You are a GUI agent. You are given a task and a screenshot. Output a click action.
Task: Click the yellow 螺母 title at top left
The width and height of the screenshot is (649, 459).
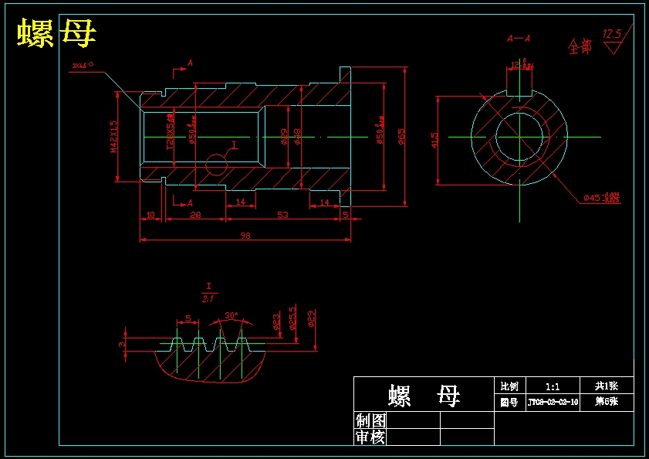click(57, 34)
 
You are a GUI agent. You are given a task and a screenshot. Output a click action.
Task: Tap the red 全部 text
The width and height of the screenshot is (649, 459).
click(580, 47)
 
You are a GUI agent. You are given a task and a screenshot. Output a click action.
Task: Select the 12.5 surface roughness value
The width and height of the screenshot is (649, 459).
click(611, 35)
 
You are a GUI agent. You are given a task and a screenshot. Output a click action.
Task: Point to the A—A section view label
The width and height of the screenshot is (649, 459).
click(518, 38)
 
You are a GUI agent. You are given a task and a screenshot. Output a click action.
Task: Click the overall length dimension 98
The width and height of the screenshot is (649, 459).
click(245, 235)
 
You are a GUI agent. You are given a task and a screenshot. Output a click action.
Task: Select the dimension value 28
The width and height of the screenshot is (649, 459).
click(195, 215)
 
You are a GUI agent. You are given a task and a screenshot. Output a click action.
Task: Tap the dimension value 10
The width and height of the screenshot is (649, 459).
click(150, 215)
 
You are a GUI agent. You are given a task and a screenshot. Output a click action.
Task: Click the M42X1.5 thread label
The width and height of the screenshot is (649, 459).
click(114, 137)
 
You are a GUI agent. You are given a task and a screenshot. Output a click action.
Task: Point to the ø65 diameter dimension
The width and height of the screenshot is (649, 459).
click(401, 137)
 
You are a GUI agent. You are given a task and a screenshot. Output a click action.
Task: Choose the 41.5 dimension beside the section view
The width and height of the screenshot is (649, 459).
click(434, 140)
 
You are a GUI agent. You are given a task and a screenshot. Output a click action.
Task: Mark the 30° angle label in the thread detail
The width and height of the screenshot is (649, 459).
click(231, 315)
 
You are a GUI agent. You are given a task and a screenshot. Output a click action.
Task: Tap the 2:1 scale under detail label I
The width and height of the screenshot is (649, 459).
click(208, 298)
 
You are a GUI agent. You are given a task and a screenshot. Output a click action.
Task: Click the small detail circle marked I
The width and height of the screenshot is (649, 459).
click(217, 165)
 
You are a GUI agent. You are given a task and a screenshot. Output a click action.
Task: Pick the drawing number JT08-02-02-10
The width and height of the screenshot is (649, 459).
click(553, 403)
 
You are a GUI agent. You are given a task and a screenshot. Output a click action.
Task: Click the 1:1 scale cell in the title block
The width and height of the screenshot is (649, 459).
click(553, 386)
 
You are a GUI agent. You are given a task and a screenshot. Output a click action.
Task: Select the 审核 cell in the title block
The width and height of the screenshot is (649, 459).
click(370, 437)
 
